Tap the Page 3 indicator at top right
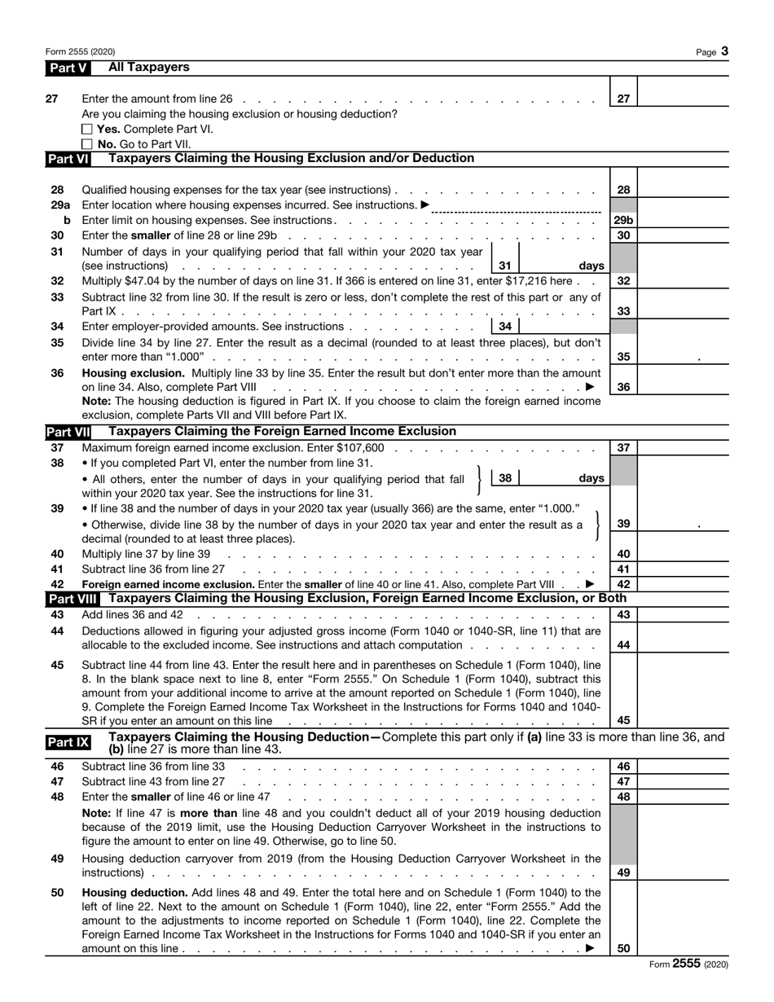(712, 52)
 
